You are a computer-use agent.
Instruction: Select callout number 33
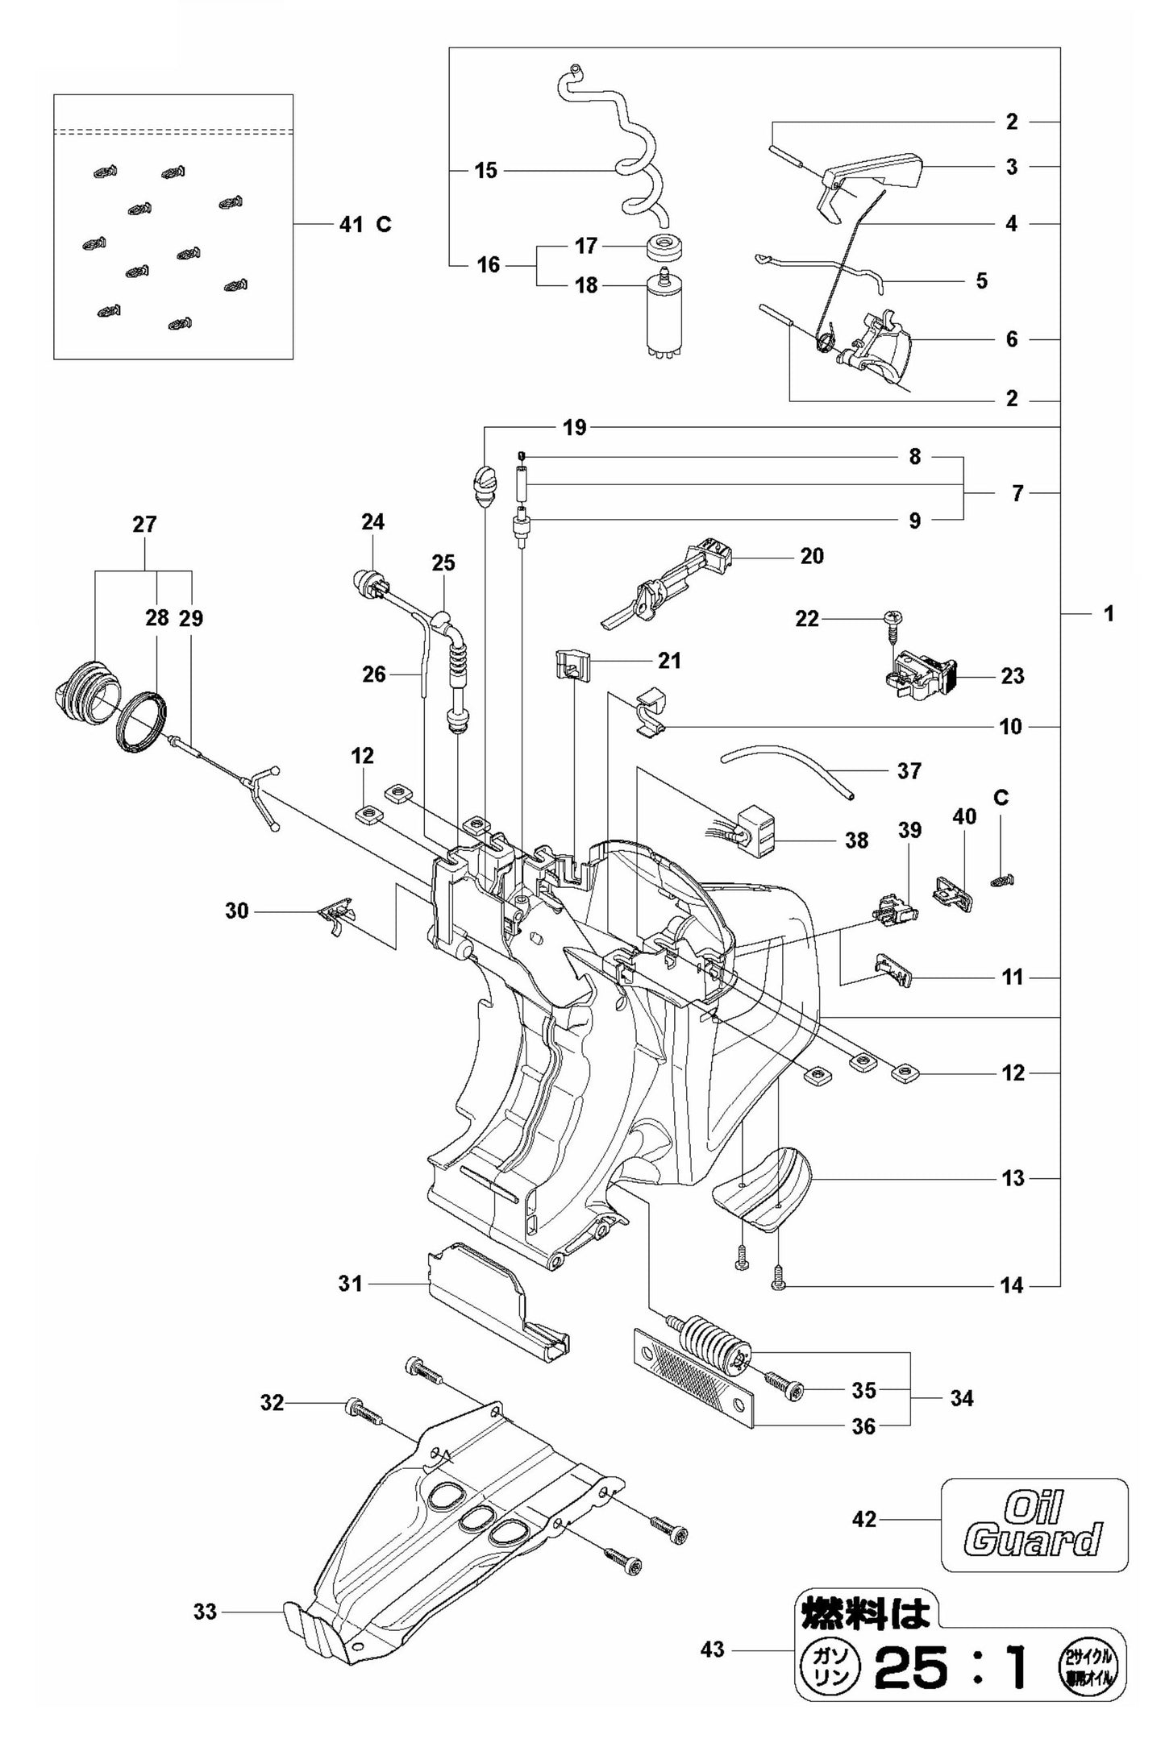coord(205,1612)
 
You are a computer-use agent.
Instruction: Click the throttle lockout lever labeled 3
coord(875,173)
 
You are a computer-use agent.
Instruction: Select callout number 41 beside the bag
coord(351,224)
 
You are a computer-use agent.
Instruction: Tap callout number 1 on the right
coord(1109,613)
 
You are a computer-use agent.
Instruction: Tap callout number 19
coord(574,427)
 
